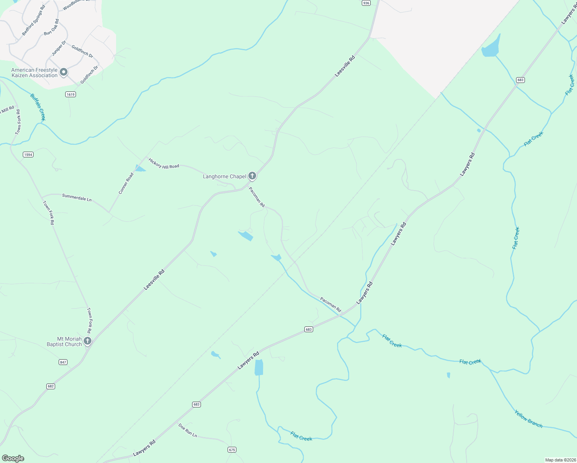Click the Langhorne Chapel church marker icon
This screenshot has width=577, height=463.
(252, 176)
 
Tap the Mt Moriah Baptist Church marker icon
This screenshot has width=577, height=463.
(88, 341)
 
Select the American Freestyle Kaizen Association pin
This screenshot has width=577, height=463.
(64, 72)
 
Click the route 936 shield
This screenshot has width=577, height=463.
(366, 3)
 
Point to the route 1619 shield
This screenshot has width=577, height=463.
(70, 95)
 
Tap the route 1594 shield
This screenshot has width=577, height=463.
(28, 155)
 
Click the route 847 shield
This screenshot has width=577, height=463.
(63, 362)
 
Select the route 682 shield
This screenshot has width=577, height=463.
(51, 386)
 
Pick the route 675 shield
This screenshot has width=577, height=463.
(232, 450)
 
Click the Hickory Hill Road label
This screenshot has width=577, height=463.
(164, 164)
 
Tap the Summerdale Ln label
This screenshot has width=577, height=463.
(77, 198)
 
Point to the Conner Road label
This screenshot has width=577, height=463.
(126, 183)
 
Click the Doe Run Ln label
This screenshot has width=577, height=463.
(187, 430)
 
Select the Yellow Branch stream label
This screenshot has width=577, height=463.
(528, 419)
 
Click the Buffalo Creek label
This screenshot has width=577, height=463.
(38, 107)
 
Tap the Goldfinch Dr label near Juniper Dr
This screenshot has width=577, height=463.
(82, 51)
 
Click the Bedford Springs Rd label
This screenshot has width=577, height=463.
(34, 20)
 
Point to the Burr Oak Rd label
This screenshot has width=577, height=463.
(51, 27)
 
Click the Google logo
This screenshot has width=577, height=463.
(13, 458)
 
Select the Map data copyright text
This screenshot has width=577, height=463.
(560, 460)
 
